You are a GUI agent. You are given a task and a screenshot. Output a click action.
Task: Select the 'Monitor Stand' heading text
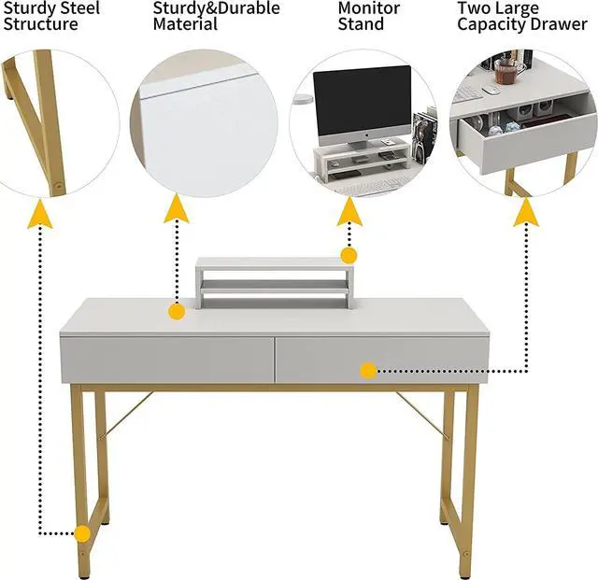tap(368, 16)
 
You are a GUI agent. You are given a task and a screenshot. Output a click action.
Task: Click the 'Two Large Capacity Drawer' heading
tap(521, 16)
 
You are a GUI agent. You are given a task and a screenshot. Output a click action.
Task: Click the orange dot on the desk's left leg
tap(83, 534)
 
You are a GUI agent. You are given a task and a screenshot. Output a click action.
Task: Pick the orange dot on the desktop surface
tap(177, 312)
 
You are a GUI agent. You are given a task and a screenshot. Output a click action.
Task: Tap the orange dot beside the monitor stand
tap(349, 255)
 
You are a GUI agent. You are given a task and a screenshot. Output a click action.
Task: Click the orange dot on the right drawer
tap(368, 371)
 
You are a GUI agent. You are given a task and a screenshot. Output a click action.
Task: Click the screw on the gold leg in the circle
tap(58, 186)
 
